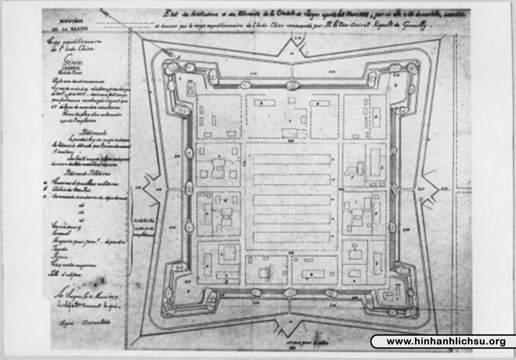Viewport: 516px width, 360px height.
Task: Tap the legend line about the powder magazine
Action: click(x=88, y=241)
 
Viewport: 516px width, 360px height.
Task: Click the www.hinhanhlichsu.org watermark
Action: click(x=446, y=341)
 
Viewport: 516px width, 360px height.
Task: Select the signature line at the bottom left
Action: click(x=86, y=321)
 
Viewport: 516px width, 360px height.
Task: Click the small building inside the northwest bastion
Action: click(x=191, y=89)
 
